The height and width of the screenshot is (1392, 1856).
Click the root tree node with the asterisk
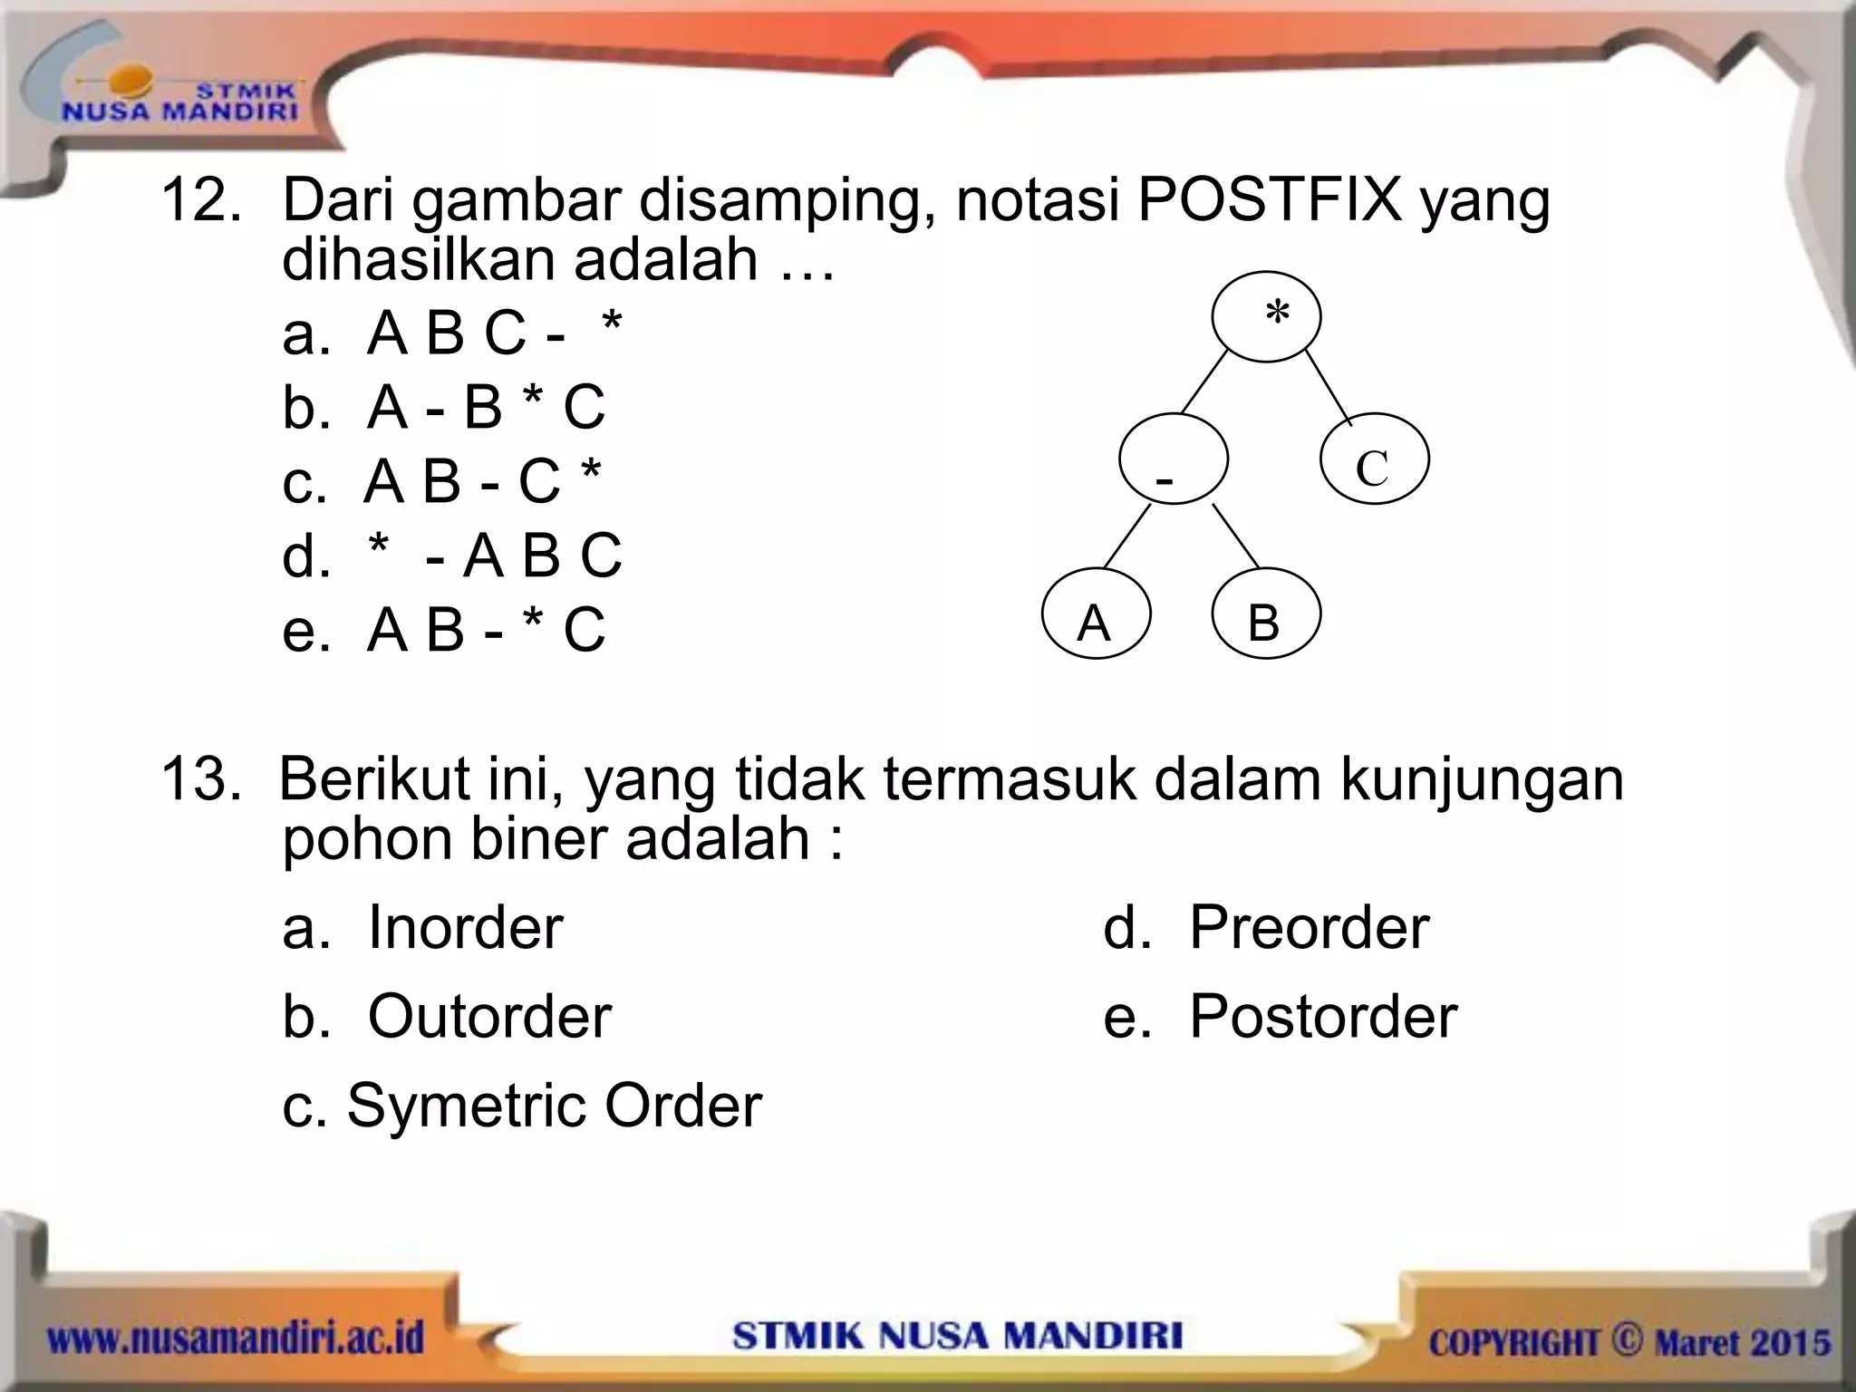(x=1266, y=317)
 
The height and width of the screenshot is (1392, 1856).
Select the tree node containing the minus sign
(x=1173, y=459)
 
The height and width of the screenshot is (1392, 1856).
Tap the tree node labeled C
(x=1374, y=459)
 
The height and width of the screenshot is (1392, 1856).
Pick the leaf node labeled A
(x=1096, y=614)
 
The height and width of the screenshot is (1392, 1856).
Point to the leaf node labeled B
(x=1265, y=614)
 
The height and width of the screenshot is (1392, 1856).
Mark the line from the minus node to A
(x=1127, y=536)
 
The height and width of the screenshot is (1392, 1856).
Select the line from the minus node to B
(x=1235, y=536)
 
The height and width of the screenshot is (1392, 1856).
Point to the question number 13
(x=201, y=779)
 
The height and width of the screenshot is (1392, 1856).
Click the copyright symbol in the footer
(x=1626, y=1338)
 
